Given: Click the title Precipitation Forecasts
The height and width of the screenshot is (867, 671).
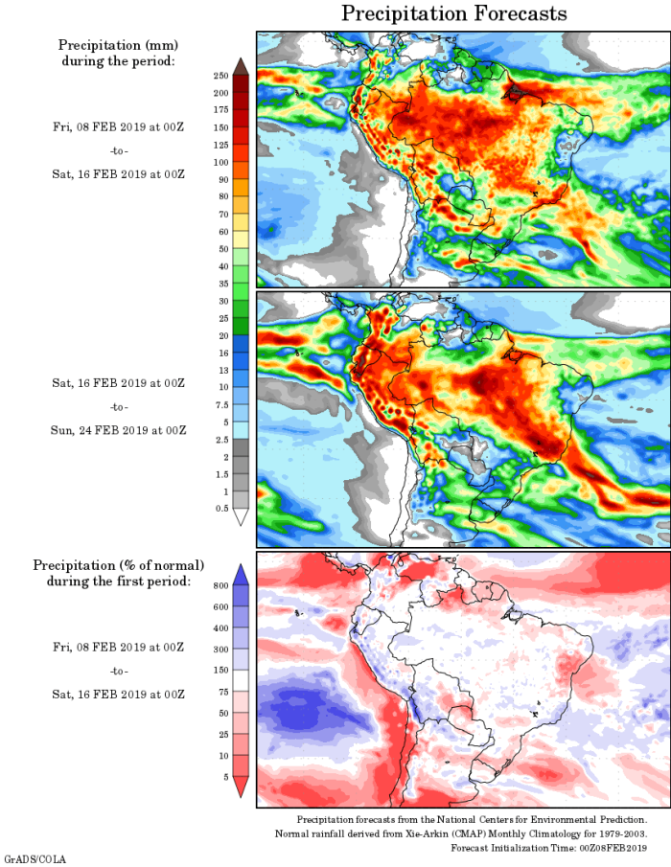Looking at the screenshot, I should click(453, 13).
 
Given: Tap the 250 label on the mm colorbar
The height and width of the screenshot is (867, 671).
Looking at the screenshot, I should click(220, 75).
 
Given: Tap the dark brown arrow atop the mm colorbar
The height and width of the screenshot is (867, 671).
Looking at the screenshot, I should click(240, 65).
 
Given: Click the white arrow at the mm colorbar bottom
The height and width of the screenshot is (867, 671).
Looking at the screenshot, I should click(240, 516).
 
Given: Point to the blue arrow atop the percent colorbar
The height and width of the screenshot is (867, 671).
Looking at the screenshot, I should click(240, 574).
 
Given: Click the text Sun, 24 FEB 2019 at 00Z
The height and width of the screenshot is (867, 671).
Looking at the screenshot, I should click(118, 430).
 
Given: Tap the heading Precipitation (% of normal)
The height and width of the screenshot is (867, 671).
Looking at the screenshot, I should click(119, 564).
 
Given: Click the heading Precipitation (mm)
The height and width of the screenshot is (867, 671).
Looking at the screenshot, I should click(119, 45).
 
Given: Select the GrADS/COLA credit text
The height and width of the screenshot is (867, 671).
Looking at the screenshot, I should click(35, 859).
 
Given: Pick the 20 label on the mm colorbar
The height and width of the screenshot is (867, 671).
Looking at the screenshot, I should click(221, 335).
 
